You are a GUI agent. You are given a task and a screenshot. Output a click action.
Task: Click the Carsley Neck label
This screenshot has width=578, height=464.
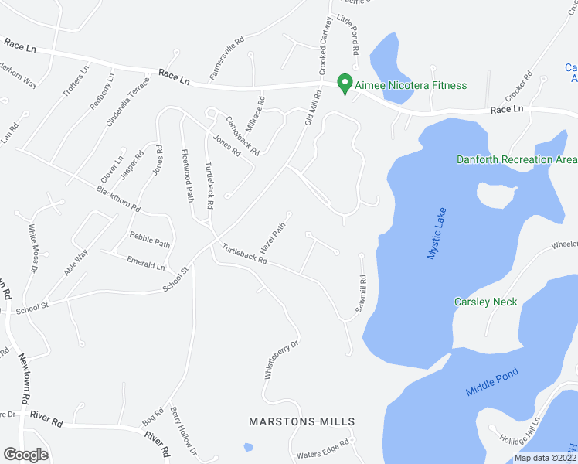pyautogui.click(x=485, y=302)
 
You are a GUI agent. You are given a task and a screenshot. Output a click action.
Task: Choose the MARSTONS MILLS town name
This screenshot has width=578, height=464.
pyautogui.click(x=301, y=421)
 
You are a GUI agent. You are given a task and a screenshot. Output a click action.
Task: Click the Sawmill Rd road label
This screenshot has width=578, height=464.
pyautogui.click(x=360, y=295)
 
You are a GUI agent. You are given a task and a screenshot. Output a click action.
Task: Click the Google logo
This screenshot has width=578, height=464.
pyautogui.click(x=25, y=455)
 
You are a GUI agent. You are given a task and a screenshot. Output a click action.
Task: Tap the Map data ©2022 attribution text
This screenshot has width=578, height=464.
pyautogui.click(x=545, y=458)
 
